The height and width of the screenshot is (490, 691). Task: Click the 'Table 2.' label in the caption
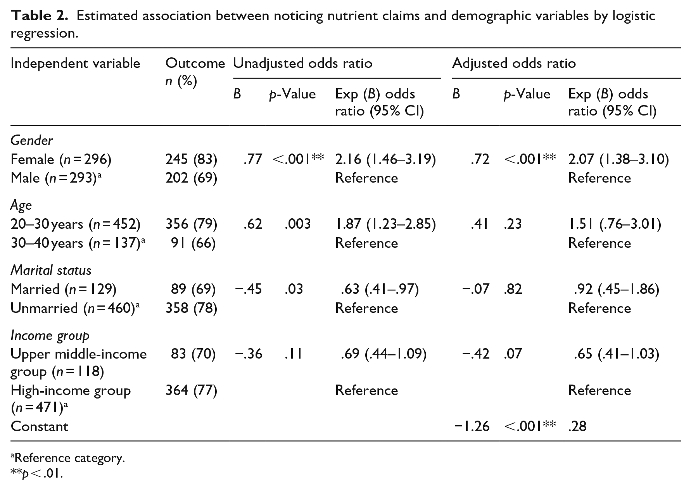click(x=40, y=16)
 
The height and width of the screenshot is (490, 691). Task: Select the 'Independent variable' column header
click(x=76, y=63)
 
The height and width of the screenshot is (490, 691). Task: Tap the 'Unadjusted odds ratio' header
click(x=302, y=63)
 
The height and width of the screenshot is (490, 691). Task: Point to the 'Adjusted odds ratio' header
click(x=514, y=63)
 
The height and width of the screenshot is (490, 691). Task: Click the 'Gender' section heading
click(x=31, y=140)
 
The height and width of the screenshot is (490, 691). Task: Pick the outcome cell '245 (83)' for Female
click(x=191, y=159)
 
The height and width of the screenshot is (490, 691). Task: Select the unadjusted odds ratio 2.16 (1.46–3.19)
click(x=385, y=159)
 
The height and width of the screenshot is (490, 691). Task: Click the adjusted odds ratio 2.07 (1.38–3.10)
click(x=618, y=159)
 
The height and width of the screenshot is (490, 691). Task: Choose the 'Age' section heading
click(x=21, y=205)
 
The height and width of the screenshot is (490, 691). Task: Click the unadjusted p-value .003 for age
click(x=297, y=224)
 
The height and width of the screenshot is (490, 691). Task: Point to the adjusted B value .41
click(x=480, y=224)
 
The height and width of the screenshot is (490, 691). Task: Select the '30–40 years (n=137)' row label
click(x=78, y=243)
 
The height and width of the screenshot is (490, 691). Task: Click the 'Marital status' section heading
click(x=51, y=270)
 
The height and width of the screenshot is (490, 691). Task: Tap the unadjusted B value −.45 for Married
click(x=248, y=289)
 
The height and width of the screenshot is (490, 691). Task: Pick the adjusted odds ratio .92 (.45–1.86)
click(x=617, y=289)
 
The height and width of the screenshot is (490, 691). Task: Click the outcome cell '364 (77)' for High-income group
click(x=191, y=390)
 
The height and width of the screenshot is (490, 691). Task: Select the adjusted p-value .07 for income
click(x=513, y=354)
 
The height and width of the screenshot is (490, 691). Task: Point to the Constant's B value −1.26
click(x=472, y=426)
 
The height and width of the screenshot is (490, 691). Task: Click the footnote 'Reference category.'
click(x=68, y=458)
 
